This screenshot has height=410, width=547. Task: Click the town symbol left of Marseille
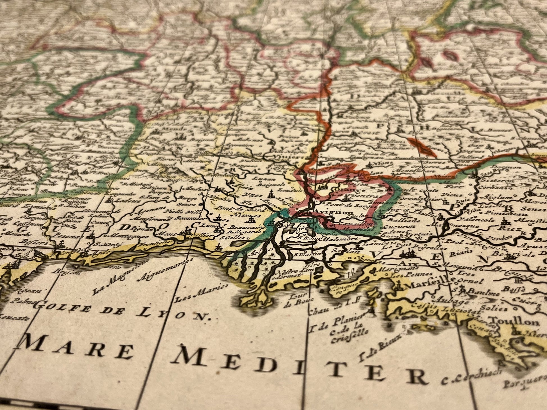(398, 286)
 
